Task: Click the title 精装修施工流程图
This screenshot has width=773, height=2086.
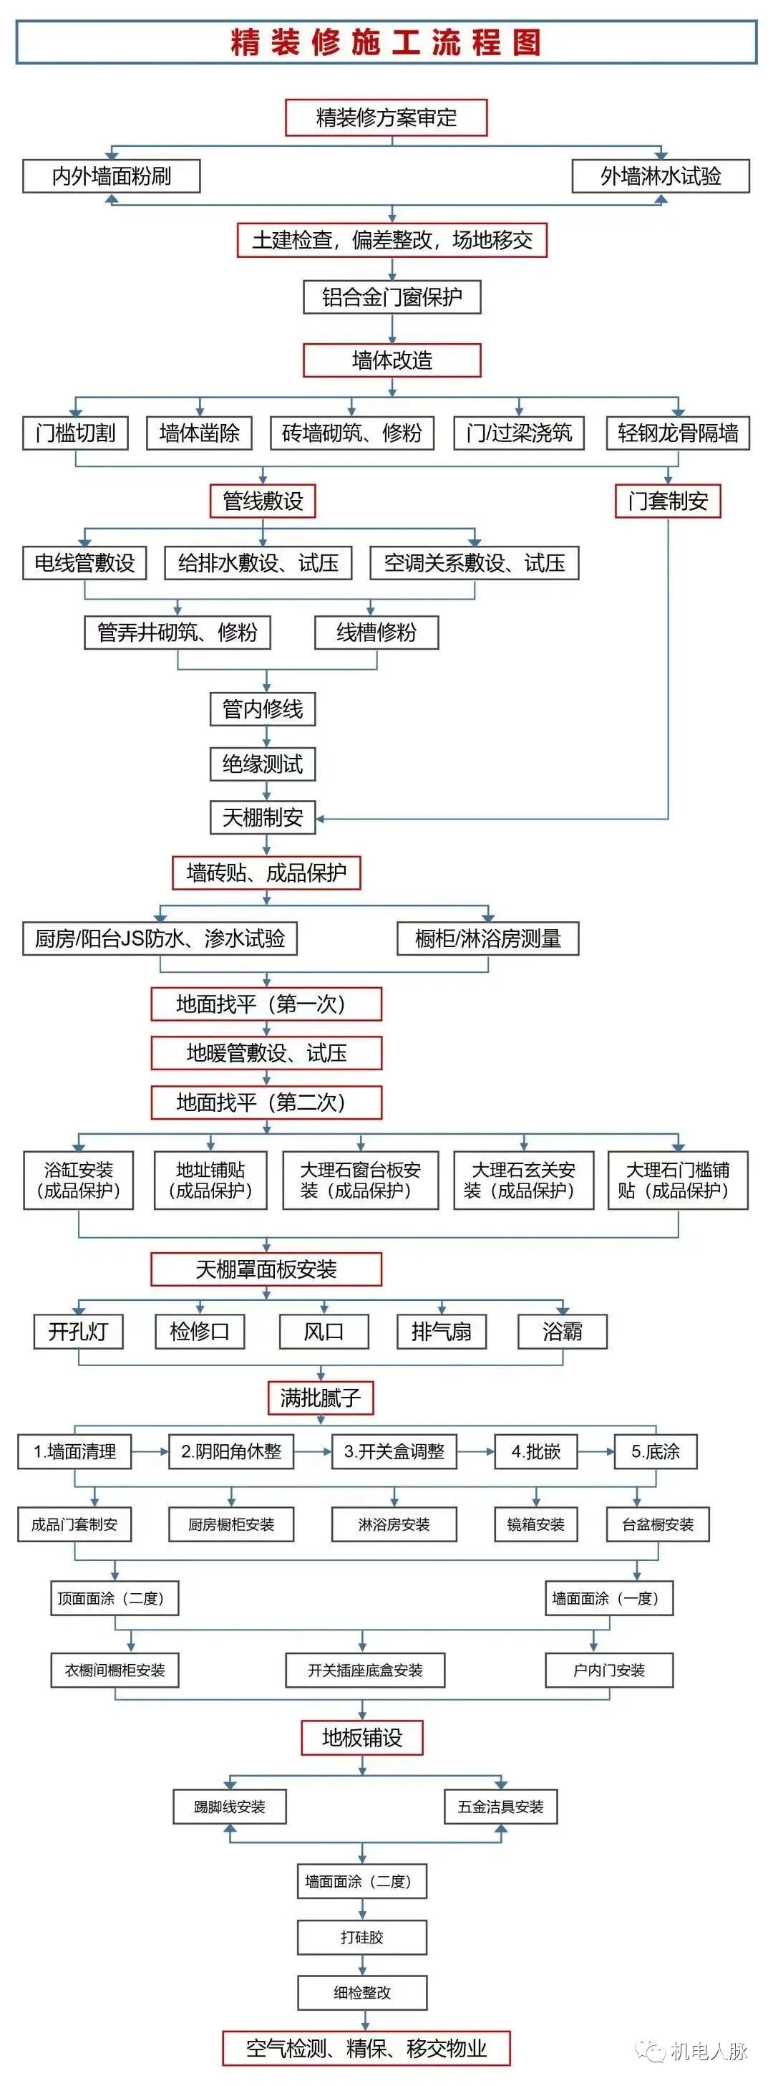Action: (x=386, y=42)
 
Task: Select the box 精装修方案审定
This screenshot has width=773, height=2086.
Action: (x=386, y=117)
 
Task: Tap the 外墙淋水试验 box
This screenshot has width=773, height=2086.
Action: (x=661, y=176)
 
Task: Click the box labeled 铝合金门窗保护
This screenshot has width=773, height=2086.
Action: (x=392, y=297)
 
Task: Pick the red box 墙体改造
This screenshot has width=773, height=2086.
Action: (x=392, y=360)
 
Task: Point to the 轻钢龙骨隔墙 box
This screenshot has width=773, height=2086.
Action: (x=678, y=433)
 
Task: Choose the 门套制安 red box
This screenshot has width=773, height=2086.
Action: (x=668, y=501)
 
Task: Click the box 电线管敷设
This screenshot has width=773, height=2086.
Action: (x=84, y=563)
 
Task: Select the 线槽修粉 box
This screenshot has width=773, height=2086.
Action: (x=376, y=633)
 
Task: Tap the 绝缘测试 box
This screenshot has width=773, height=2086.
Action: (x=262, y=764)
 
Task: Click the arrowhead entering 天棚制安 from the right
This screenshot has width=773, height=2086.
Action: (x=321, y=819)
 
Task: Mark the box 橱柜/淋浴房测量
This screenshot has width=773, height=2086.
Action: (x=488, y=938)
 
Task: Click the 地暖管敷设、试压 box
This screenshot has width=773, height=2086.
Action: (x=266, y=1053)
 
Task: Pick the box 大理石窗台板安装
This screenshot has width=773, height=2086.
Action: (x=360, y=1180)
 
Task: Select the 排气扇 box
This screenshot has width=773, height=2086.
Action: (x=441, y=1331)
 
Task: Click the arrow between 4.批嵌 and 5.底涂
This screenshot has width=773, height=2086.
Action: (x=595, y=1451)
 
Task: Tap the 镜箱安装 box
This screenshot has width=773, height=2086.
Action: (x=536, y=1524)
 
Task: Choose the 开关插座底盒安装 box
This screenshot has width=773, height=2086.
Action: (x=365, y=1670)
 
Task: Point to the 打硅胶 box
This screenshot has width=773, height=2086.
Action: (x=362, y=1937)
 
